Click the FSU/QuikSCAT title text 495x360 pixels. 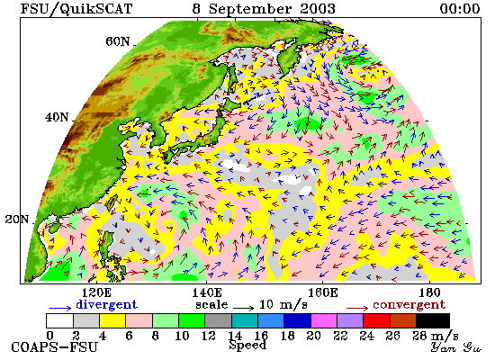pos(76,8)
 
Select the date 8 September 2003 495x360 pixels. pos(264,8)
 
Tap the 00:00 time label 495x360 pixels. pos(460,8)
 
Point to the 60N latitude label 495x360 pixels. pos(117,41)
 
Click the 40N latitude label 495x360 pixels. pos(57,118)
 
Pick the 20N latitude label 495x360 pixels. pos(17,219)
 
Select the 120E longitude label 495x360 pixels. pos(96,292)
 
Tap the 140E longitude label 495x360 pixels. pos(207,292)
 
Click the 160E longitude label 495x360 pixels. pos(322,292)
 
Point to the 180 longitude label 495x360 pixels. pos(429,292)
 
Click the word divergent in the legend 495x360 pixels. pos(107,305)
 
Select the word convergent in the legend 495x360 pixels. pos(409,305)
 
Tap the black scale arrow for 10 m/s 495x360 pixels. pos(243,307)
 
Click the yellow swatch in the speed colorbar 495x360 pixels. pos(112,320)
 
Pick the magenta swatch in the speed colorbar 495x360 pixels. pos(324,320)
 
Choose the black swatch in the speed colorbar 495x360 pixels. pos(433,320)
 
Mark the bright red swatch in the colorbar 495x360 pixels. pos(376,320)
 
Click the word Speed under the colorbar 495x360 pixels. pos(247,346)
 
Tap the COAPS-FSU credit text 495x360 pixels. pos(55,347)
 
